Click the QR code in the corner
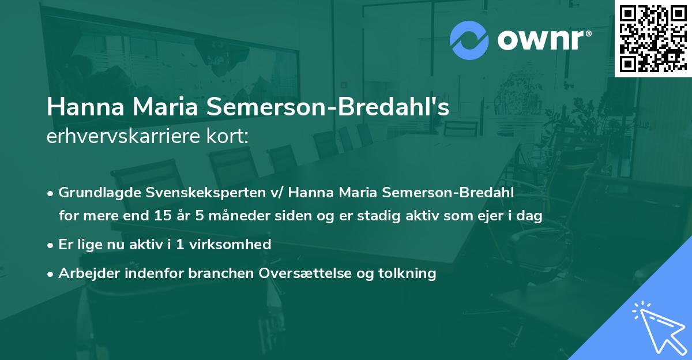point(653,38)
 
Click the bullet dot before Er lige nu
point(51,245)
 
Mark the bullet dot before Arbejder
point(51,273)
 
